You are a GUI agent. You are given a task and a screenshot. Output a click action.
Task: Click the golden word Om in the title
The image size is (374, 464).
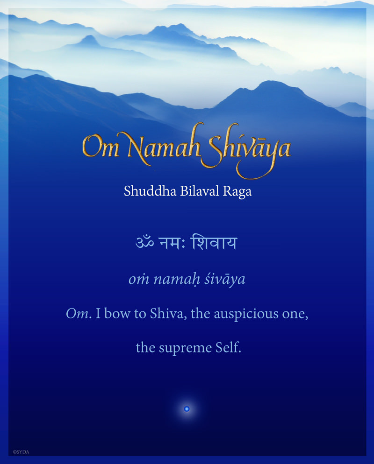click(100, 147)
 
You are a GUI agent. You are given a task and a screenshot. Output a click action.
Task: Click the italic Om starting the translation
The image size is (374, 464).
click(77, 314)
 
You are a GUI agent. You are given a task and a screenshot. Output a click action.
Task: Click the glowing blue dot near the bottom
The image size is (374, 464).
click(187, 409)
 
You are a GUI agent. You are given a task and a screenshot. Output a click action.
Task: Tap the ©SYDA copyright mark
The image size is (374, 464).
click(21, 452)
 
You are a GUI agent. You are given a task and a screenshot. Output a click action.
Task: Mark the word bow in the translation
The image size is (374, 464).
click(117, 314)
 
